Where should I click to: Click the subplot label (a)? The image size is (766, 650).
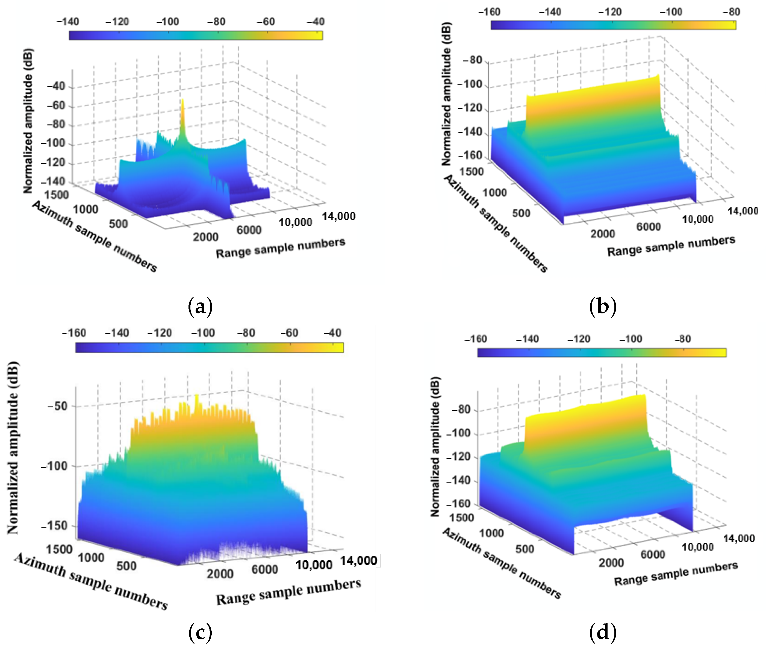(200, 307)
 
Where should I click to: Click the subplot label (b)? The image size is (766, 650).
(602, 307)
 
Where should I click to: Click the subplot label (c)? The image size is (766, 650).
(200, 632)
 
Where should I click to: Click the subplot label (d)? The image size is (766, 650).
(602, 632)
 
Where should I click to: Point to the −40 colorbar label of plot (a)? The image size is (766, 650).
(316, 22)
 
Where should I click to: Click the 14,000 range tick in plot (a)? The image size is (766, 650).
(338, 216)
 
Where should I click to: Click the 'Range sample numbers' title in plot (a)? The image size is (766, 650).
(280, 248)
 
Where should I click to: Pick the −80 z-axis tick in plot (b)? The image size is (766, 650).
(472, 60)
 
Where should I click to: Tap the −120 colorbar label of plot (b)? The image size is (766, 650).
(610, 12)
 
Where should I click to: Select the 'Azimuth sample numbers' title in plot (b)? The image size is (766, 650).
(496, 224)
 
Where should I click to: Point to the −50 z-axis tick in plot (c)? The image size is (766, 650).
(58, 407)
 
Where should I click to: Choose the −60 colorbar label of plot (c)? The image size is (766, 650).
(289, 333)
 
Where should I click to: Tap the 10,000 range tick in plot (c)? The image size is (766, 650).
(314, 565)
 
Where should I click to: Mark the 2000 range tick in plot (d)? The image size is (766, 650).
(611, 563)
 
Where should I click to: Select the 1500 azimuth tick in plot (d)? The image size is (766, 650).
(462, 518)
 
